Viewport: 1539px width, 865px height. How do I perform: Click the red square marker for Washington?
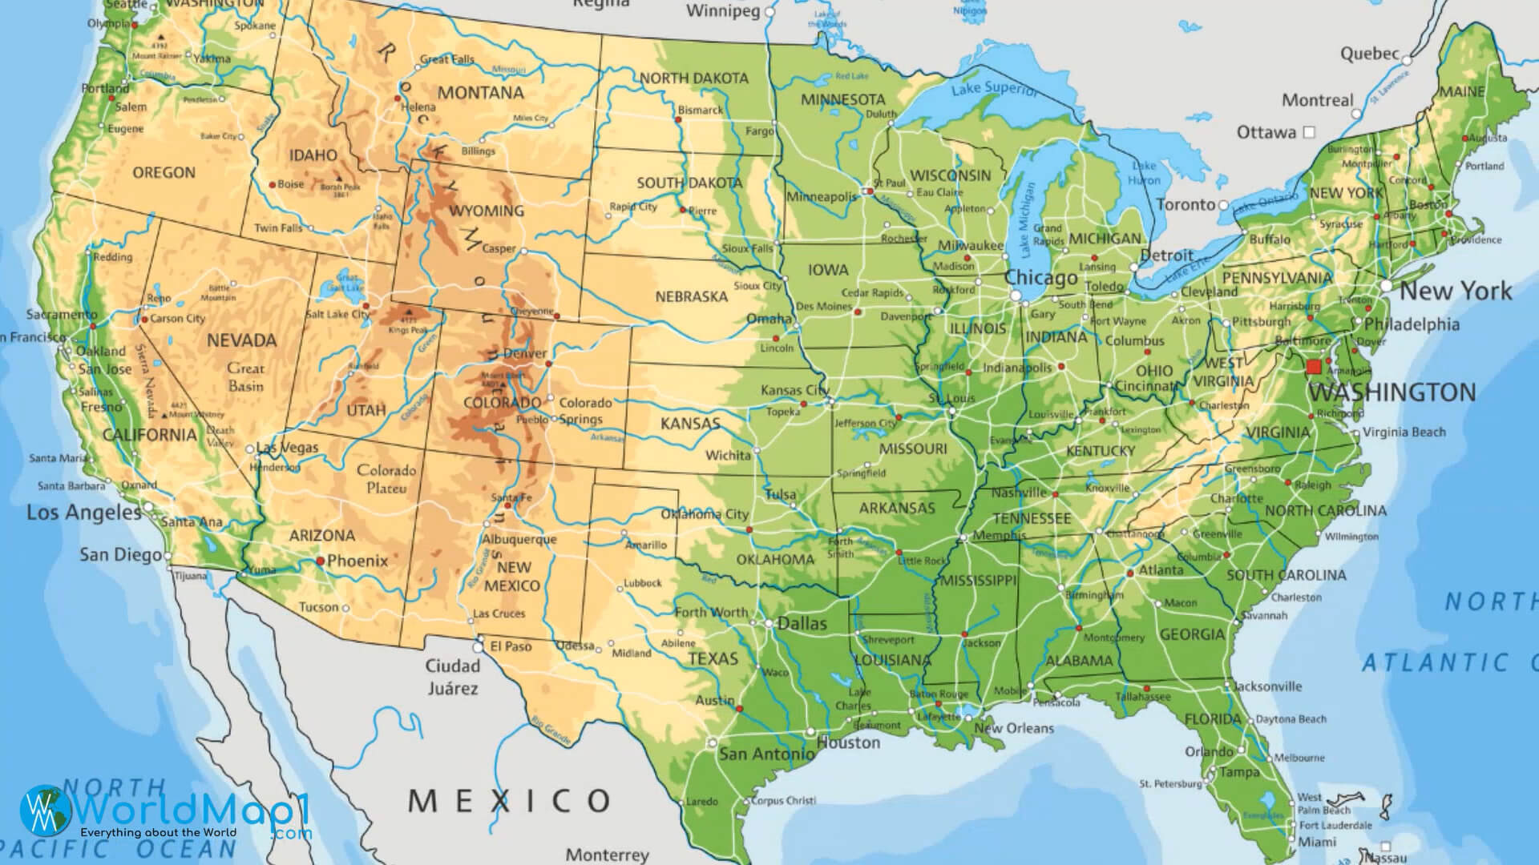1313,368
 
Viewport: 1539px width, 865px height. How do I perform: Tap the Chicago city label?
1041,278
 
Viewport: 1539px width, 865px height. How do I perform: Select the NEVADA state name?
241,340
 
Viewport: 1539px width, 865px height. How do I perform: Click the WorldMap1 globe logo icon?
46,810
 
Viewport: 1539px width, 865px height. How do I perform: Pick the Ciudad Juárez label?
452,677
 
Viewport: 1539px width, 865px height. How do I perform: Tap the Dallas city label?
802,623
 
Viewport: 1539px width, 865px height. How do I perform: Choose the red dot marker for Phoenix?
321,561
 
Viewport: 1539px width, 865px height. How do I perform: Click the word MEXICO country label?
510,799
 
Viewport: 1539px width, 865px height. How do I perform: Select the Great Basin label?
245,377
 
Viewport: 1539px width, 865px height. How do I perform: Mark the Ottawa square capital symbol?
1310,131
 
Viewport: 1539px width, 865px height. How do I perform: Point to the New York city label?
1456,291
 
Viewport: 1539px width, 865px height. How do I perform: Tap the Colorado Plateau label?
386,479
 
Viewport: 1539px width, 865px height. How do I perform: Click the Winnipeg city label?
723,12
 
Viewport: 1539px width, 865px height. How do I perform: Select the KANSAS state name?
689,423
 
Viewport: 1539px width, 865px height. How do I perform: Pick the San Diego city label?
120,554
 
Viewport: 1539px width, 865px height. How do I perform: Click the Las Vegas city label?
287,448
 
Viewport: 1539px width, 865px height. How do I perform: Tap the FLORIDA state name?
1213,719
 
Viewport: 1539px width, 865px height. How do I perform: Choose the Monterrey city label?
607,855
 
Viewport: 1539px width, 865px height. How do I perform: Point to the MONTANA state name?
480,93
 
